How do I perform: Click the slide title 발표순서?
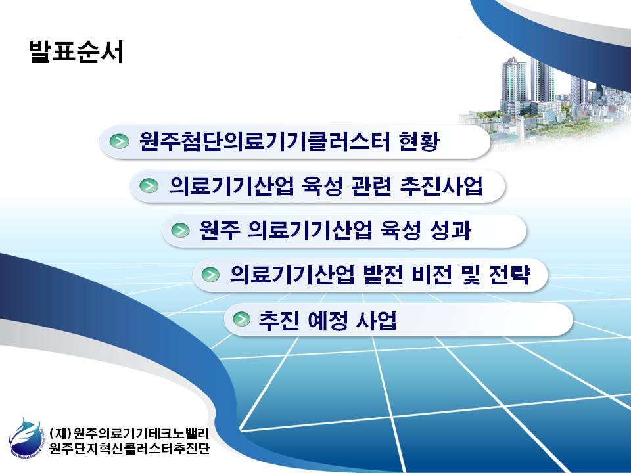[x=76, y=51]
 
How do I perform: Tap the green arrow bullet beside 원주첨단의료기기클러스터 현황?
[x=120, y=141]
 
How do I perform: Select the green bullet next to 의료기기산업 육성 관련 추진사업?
[x=149, y=186]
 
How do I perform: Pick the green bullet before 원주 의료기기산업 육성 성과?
[x=180, y=231]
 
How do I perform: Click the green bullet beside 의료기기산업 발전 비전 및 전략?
[x=210, y=275]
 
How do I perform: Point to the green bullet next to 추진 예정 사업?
[x=241, y=319]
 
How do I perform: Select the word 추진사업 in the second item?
[x=441, y=185]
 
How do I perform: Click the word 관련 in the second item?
[x=371, y=185]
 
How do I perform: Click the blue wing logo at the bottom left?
[x=25, y=437]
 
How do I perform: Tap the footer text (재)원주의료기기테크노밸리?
[x=129, y=433]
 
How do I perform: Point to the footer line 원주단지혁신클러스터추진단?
[x=129, y=447]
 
